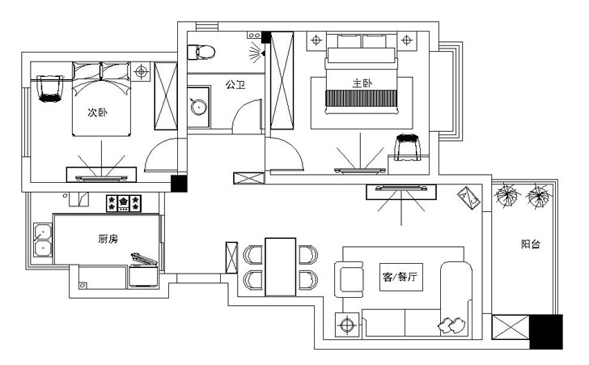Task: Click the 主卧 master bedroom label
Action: tap(362, 83)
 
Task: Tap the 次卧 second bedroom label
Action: tap(98, 112)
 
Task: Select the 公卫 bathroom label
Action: tap(235, 84)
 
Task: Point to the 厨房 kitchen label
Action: tap(108, 239)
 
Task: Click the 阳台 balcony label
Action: tap(531, 244)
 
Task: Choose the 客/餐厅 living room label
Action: tap(400, 277)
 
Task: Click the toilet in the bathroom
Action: tap(201, 52)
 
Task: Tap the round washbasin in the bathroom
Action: tap(198, 108)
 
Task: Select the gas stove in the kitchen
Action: tap(123, 203)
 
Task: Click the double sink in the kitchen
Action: tap(42, 240)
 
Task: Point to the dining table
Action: tap(280, 267)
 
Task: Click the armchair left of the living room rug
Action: tap(349, 279)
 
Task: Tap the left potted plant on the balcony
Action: tap(507, 196)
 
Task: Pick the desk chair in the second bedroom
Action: tap(49, 89)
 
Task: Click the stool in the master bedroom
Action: tap(408, 147)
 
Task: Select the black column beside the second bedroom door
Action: tap(179, 184)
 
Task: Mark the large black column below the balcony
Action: tap(546, 332)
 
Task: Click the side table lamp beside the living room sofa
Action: tap(347, 324)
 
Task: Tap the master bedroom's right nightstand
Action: tap(406, 40)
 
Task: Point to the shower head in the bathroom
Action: tap(257, 53)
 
